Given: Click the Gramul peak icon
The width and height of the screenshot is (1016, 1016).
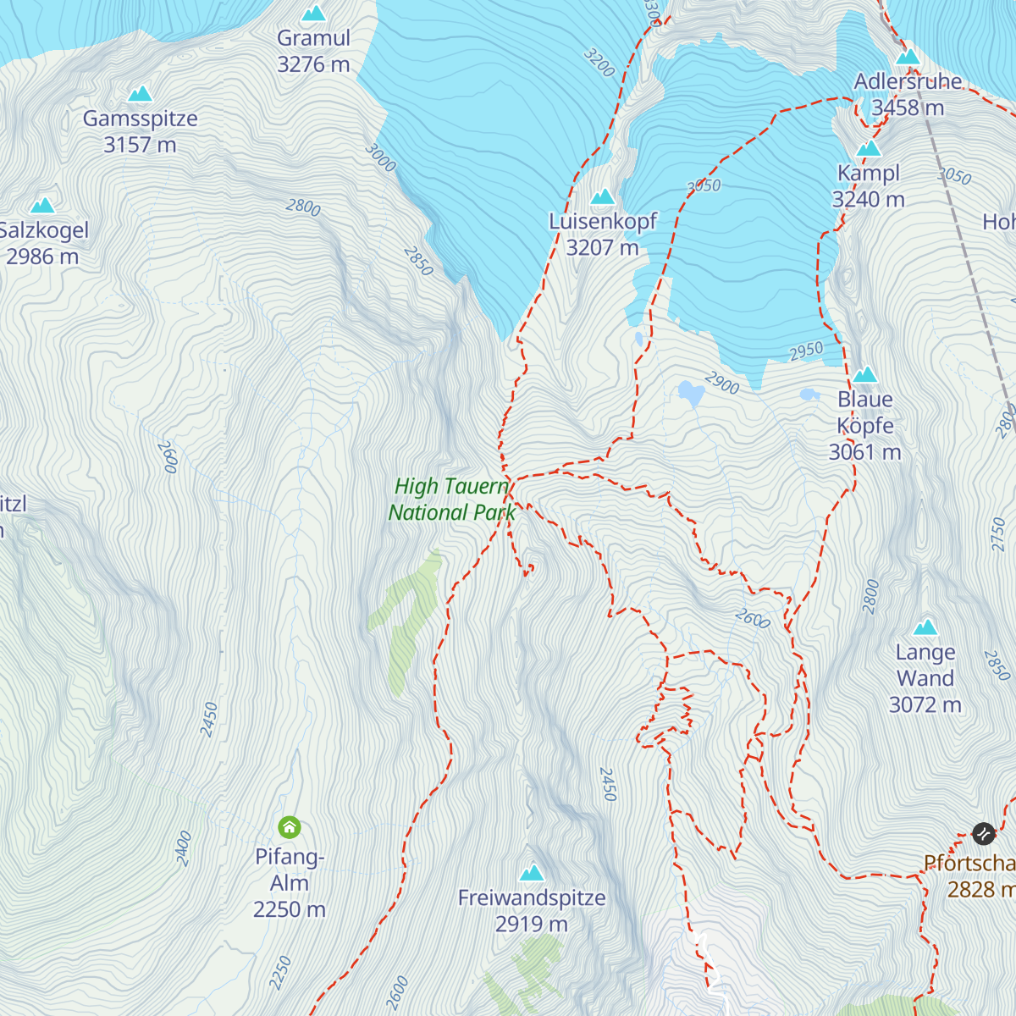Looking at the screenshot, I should pos(313,14).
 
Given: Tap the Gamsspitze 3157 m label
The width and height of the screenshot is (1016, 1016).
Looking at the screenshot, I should pos(140,131).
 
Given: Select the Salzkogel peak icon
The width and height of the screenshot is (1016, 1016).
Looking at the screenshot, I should pos(42,205).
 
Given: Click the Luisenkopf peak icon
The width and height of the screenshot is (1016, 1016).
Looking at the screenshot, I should pos(602,197).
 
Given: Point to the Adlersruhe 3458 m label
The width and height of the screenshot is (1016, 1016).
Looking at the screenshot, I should pos(908,94).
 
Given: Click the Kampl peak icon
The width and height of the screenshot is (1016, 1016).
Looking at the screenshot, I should pos(868,149).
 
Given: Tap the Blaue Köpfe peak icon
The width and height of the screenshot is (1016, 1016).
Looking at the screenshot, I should pos(864,375).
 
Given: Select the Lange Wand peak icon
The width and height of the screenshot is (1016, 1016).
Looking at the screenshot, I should pos(925,627).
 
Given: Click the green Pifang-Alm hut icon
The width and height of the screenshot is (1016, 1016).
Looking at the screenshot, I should pos(290,827).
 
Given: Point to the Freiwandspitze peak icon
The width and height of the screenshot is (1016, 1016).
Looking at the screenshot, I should pos(532,873).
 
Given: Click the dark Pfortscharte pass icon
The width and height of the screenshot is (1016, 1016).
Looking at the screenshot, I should pos(983,834).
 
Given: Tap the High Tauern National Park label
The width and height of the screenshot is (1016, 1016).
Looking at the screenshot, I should pos(451,499).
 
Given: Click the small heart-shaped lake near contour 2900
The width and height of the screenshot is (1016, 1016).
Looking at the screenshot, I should pos(691,393).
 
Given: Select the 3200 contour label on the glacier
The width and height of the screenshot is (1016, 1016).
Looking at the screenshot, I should pos(599,63).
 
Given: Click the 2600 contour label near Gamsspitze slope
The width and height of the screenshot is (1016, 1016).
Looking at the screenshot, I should pos(168,457).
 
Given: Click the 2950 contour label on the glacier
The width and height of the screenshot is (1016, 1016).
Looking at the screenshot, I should pos(805,351).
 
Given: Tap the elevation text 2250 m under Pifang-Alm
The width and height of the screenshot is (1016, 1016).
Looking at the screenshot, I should pos(289,909).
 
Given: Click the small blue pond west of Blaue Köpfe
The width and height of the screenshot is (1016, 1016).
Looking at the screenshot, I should pos(809,395).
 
